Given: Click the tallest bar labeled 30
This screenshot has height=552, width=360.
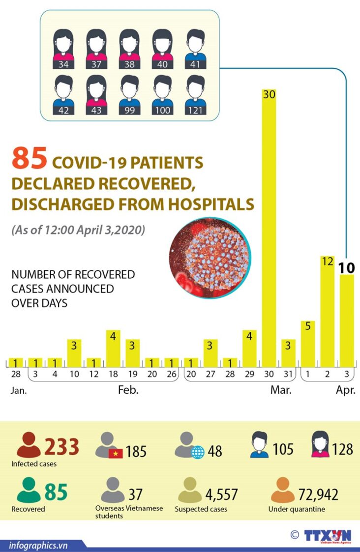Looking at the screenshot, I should pyautogui.click(x=269, y=226).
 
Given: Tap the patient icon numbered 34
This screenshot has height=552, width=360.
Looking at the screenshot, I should pyautogui.click(x=63, y=49).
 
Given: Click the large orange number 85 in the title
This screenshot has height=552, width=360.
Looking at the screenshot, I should pyautogui.click(x=30, y=159).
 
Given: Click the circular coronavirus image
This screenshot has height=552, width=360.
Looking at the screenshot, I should pyautogui.click(x=210, y=257).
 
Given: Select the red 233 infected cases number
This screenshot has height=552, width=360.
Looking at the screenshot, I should pyautogui.click(x=62, y=447).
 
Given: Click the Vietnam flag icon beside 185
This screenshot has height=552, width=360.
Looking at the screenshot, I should pyautogui.click(x=116, y=453).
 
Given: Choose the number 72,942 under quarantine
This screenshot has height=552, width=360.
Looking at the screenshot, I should pyautogui.click(x=319, y=494).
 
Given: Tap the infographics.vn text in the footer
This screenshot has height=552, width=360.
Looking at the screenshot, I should pyautogui.click(x=38, y=545).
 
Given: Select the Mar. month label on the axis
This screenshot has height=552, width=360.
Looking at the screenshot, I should pyautogui.click(x=281, y=391).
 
